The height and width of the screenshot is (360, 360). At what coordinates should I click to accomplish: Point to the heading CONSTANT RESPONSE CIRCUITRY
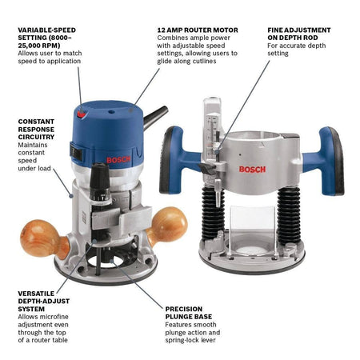point(37,132)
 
